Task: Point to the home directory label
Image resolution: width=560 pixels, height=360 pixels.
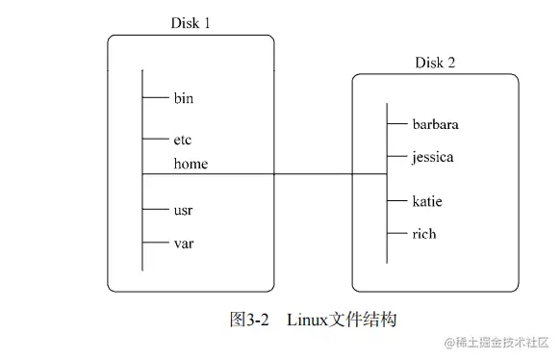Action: pyautogui.click(x=191, y=164)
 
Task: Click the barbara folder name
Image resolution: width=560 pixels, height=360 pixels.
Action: pyautogui.click(x=436, y=124)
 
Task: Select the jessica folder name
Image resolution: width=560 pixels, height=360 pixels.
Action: pyautogui.click(x=433, y=156)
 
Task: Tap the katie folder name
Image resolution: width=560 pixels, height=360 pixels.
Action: pyautogui.click(x=428, y=201)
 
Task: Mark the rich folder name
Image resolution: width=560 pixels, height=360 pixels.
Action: pyautogui.click(x=424, y=233)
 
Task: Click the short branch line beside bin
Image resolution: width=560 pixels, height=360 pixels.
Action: pyautogui.click(x=155, y=97)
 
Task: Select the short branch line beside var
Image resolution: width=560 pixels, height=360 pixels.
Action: pyautogui.click(x=155, y=244)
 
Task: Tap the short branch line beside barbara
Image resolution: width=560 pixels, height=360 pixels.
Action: pyautogui.click(x=397, y=124)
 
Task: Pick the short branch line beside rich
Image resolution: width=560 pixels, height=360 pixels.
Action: pyautogui.click(x=397, y=233)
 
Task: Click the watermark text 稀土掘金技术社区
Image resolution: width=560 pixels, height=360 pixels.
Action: pyautogui.click(x=500, y=343)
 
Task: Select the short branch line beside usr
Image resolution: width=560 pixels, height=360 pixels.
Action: pyautogui.click(x=155, y=209)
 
